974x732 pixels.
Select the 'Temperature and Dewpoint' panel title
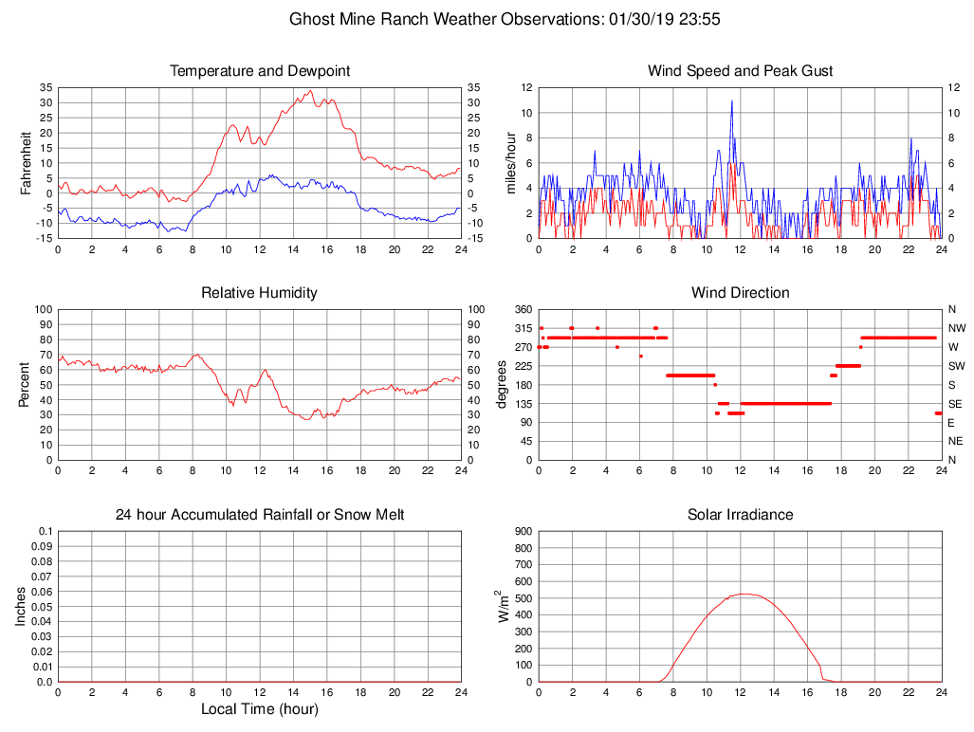pos(260,71)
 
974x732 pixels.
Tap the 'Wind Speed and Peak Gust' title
pos(741,71)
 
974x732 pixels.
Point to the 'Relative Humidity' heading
pos(260,293)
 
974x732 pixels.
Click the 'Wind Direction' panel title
pos(741,293)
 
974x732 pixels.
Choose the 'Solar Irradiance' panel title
pos(741,515)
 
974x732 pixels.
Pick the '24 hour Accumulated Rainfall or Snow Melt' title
pos(260,515)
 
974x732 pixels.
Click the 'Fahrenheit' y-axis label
pos(26,163)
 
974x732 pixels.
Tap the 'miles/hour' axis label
pos(510,163)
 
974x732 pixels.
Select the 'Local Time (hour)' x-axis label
pos(260,709)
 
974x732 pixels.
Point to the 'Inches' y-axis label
pos(21,607)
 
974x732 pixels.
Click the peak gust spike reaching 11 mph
pos(732,101)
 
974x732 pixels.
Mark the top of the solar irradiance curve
pos(744,594)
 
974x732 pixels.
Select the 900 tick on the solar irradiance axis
pos(522,531)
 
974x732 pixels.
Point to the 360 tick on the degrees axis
pos(522,309)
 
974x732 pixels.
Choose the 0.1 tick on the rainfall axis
pos(44,531)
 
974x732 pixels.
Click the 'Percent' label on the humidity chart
pos(26,385)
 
